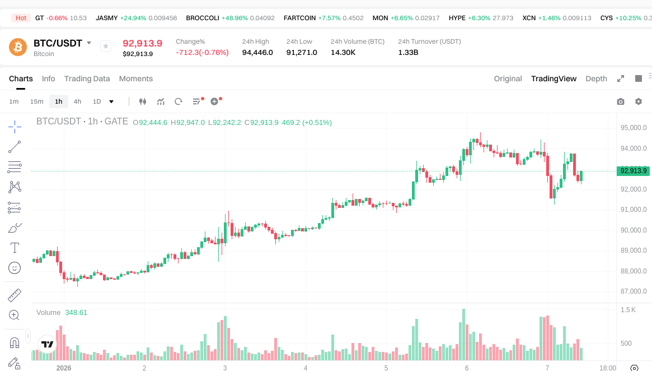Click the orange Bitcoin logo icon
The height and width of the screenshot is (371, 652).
click(x=18, y=47)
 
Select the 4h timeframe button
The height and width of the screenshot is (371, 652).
click(x=77, y=101)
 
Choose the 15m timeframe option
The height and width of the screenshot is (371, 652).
click(x=36, y=101)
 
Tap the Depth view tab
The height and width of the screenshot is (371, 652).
click(x=596, y=78)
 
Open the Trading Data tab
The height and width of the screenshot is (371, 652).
click(x=87, y=78)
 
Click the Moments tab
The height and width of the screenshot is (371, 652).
click(x=136, y=78)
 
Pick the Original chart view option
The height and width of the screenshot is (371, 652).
click(x=508, y=78)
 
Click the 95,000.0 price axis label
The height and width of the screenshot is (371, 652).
click(x=634, y=128)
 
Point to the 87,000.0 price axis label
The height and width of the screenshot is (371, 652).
click(x=634, y=291)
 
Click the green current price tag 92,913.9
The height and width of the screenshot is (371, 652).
click(x=634, y=171)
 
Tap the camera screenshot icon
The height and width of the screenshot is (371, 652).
click(x=621, y=101)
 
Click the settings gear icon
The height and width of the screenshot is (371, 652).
click(x=639, y=101)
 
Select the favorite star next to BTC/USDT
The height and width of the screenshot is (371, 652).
click(x=106, y=47)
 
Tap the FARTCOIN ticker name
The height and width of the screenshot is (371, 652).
click(x=299, y=18)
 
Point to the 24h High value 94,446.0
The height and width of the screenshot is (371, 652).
click(x=257, y=53)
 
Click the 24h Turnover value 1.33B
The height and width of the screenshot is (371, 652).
click(x=408, y=53)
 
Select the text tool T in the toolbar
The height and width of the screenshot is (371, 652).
click(x=15, y=248)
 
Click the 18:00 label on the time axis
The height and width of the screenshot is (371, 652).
click(x=607, y=368)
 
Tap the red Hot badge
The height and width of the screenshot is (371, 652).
click(x=21, y=18)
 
